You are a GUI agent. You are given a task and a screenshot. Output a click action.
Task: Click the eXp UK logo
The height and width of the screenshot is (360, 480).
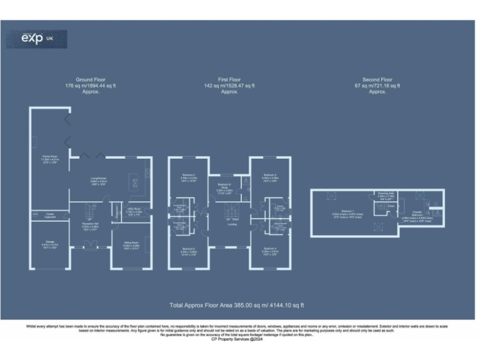[36, 39]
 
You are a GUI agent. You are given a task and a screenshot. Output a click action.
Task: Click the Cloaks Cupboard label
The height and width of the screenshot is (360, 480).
[49, 216]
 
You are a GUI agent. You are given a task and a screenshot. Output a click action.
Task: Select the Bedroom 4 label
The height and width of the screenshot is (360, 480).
[270, 251]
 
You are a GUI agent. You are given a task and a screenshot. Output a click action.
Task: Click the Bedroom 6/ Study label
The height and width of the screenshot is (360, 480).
[225, 186]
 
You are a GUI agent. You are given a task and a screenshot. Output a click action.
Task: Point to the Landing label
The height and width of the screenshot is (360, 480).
[232, 224]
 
